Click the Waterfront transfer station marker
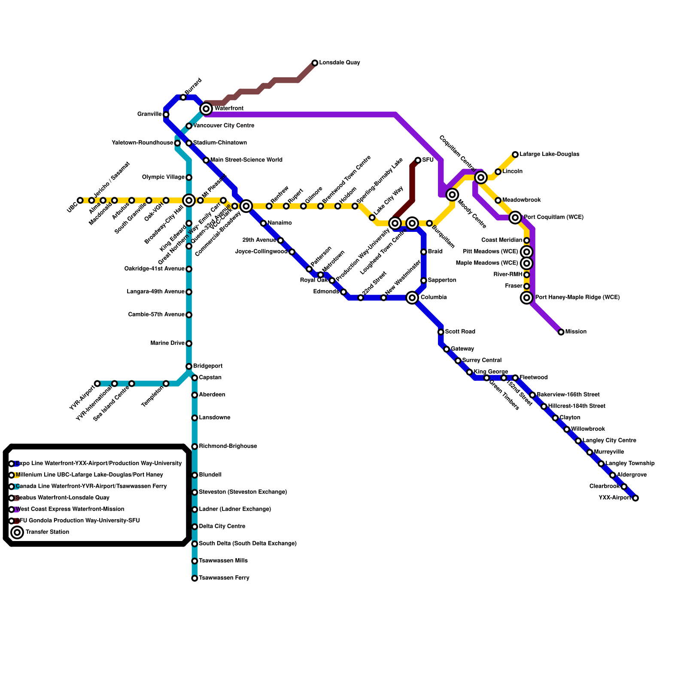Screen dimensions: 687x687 [x=207, y=109]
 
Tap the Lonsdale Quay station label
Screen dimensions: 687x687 [x=339, y=63]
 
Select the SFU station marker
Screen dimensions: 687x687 [x=418, y=160]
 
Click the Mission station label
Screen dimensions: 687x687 [x=576, y=332]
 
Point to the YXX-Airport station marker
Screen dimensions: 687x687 [x=635, y=498]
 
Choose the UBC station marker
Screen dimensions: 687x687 [x=80, y=201]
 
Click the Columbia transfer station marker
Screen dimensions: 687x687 [x=412, y=298]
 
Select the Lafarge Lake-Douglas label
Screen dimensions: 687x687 [x=549, y=154]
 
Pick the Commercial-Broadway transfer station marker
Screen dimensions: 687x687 [x=246, y=206]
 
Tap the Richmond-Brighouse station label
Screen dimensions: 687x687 [x=228, y=447]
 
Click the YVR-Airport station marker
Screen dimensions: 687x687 [x=97, y=383]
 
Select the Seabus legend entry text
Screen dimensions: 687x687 [x=63, y=498]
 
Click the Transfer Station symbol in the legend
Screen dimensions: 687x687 [x=17, y=532]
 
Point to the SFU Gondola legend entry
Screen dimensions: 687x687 [x=77, y=521]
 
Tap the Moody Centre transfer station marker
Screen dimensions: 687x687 [x=452, y=195]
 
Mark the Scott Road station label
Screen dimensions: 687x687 [x=460, y=332]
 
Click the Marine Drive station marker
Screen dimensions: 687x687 [x=189, y=343]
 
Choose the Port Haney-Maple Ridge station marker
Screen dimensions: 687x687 [x=527, y=298]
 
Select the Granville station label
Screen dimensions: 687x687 [x=149, y=114]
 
